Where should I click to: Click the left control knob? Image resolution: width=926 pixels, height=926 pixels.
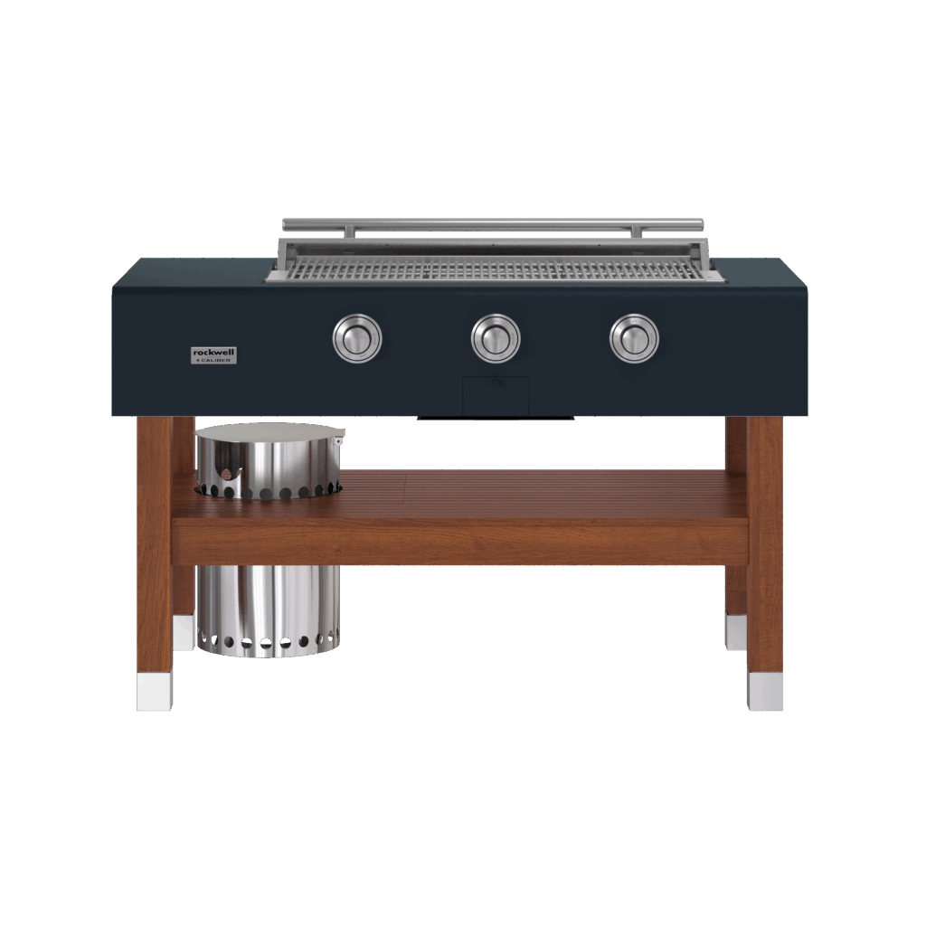(x=357, y=338)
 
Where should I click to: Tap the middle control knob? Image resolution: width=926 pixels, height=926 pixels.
(x=496, y=338)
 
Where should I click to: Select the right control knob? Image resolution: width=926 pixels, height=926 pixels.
(x=634, y=338)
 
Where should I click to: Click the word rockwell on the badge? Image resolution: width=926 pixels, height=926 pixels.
(x=213, y=352)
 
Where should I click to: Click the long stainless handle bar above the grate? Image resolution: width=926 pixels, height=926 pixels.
(x=493, y=225)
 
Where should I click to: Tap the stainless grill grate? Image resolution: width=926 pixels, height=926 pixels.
(x=493, y=269)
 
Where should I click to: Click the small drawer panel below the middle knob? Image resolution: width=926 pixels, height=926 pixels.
(x=496, y=396)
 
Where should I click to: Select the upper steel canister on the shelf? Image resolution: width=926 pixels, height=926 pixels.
(x=269, y=461)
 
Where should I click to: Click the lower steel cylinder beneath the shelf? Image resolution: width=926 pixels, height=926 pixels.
(x=268, y=611)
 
